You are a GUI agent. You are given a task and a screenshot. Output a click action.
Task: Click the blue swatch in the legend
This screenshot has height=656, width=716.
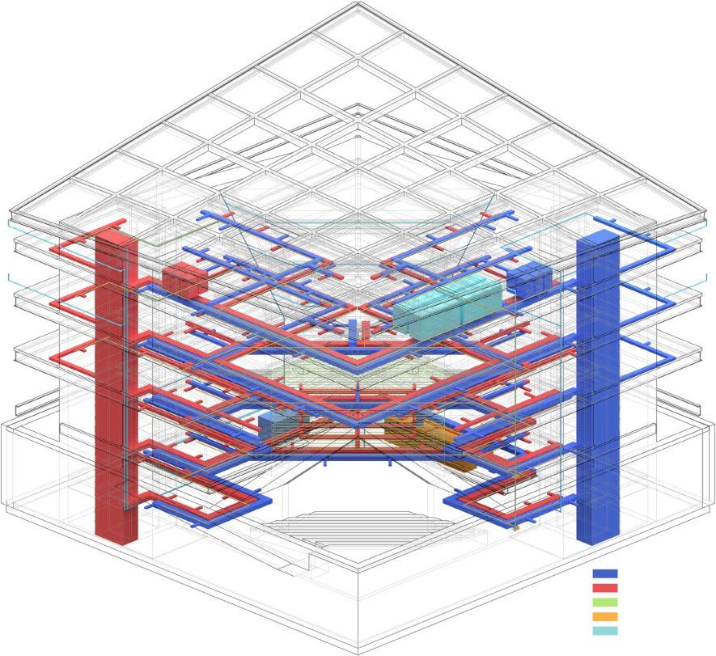[x=605, y=573]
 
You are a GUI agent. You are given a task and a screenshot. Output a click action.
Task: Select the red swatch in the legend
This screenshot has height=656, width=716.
[x=605, y=588]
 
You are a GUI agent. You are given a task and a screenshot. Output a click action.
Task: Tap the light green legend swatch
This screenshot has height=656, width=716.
[x=605, y=603]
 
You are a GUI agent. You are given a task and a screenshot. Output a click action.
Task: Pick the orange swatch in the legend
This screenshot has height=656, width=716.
[x=605, y=617]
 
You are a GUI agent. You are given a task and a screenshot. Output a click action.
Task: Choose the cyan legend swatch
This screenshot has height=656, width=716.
[x=605, y=631]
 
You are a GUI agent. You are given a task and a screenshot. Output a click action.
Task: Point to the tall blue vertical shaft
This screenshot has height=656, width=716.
[x=597, y=388]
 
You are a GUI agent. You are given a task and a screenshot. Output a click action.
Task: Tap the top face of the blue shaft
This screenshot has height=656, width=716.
[x=597, y=235]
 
